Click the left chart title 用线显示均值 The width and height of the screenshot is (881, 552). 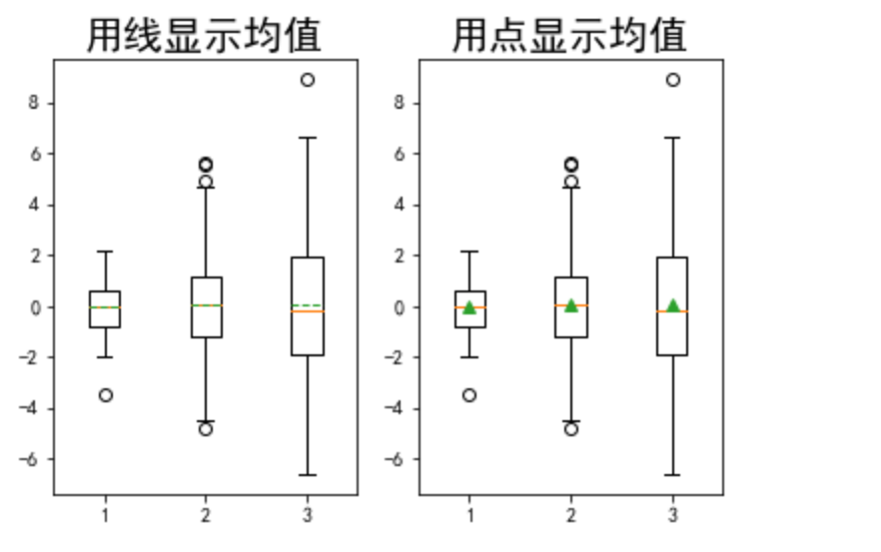click(x=204, y=36)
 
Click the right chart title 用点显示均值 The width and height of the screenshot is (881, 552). click(x=569, y=36)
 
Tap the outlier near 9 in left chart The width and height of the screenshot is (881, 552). click(x=307, y=80)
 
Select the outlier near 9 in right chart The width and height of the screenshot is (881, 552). click(x=672, y=80)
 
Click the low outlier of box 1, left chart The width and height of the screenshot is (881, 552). click(x=105, y=395)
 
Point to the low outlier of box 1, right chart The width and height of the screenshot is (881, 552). click(x=469, y=395)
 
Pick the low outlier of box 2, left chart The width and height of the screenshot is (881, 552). click(x=206, y=429)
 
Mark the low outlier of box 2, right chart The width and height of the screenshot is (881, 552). click(x=570, y=429)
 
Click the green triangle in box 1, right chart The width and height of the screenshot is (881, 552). click(x=469, y=307)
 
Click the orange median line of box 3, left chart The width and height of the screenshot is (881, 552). click(x=307, y=311)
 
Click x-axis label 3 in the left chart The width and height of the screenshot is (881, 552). click(x=307, y=514)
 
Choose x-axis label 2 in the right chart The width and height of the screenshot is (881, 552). click(x=570, y=514)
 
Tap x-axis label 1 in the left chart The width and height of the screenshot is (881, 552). click(x=105, y=514)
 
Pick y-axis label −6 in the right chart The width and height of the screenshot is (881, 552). click(x=395, y=459)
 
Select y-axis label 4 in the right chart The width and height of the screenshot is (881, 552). click(x=399, y=205)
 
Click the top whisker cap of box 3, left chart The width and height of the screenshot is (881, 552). click(x=307, y=138)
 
